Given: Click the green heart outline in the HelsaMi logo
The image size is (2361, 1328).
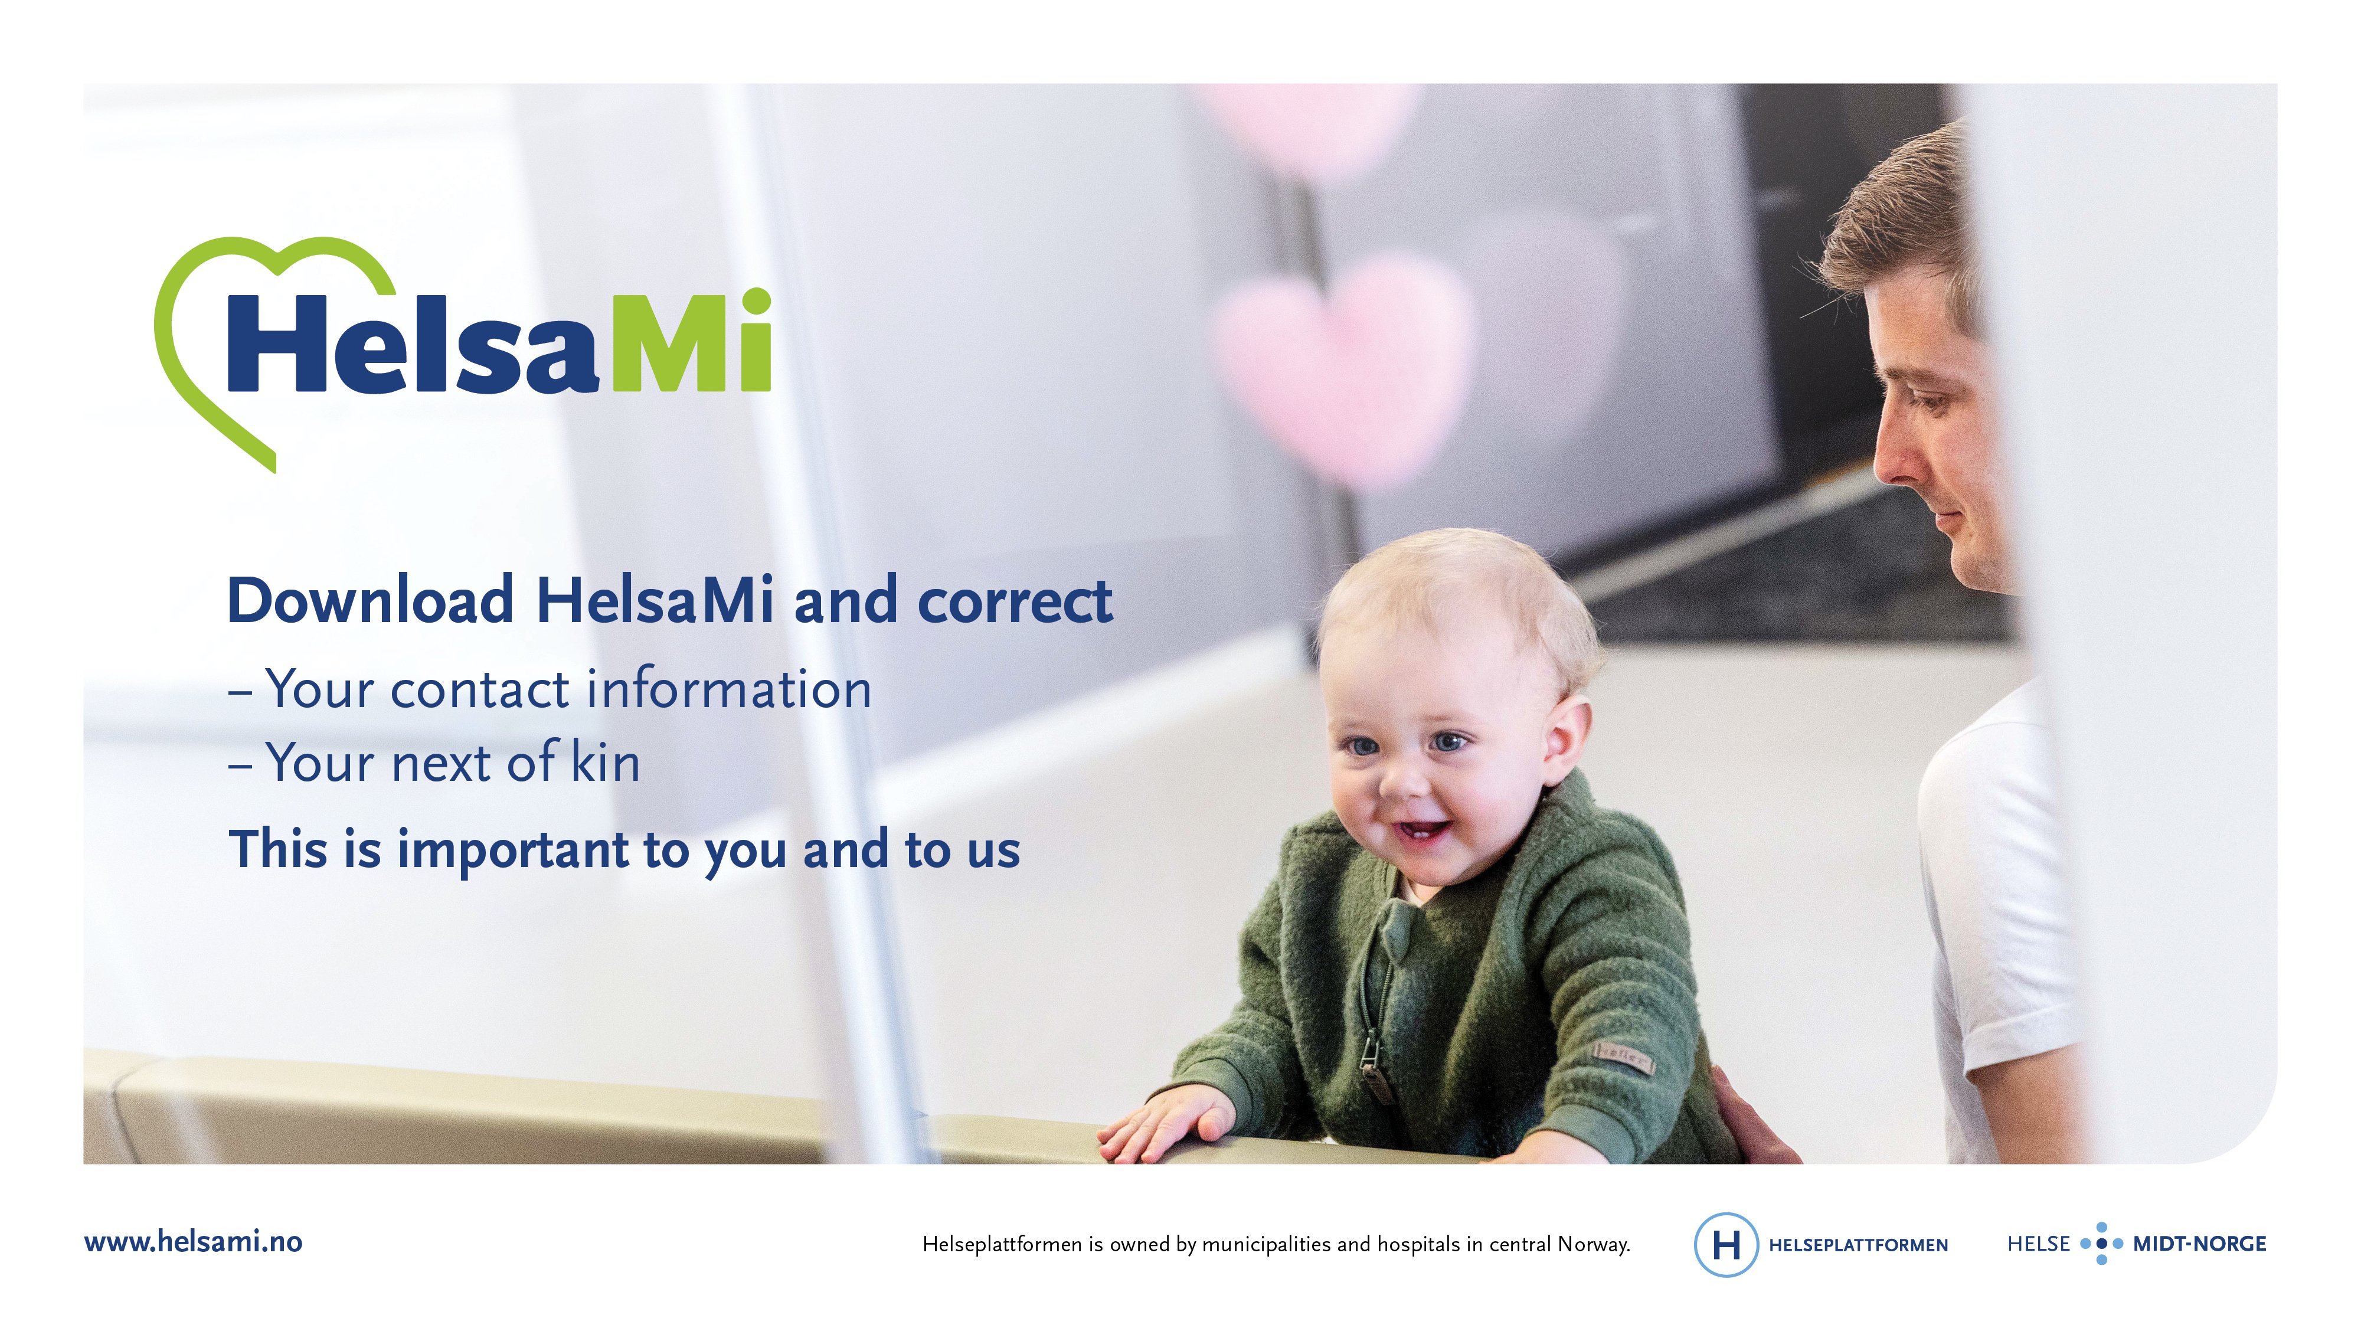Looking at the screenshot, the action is click(174, 385).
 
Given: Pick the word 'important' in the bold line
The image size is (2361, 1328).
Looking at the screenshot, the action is click(512, 849).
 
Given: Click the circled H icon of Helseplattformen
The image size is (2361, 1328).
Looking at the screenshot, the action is click(1726, 1244).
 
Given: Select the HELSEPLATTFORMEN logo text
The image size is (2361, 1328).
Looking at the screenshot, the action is click(1858, 1245).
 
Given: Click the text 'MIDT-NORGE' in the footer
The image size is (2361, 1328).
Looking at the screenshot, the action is click(2200, 1244).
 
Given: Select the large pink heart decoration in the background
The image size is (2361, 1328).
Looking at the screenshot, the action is click(1343, 367).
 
